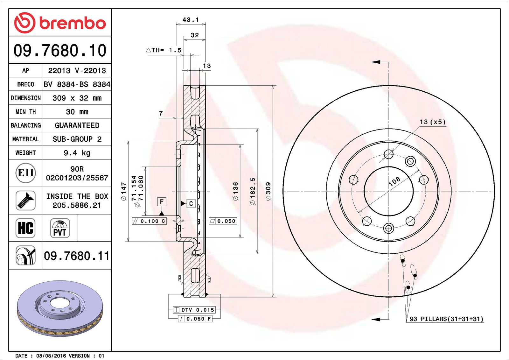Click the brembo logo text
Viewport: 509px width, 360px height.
point(73,23)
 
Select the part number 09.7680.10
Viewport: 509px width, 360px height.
point(60,51)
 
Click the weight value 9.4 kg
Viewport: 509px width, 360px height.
point(77,153)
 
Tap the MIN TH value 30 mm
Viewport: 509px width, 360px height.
point(77,112)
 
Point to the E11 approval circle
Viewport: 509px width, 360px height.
point(25,173)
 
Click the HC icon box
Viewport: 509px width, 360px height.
point(25,228)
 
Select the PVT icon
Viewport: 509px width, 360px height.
point(60,228)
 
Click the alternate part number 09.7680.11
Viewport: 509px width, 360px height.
point(77,256)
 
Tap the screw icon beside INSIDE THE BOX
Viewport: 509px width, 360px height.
point(25,201)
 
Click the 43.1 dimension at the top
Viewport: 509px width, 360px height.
point(191,20)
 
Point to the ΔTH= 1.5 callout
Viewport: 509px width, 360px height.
point(164,50)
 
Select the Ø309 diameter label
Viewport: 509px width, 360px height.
point(268,191)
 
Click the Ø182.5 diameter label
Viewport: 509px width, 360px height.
point(253,191)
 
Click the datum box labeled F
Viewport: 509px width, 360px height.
point(162,201)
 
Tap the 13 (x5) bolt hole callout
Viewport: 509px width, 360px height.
point(433,122)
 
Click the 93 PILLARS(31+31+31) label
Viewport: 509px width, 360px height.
point(446,319)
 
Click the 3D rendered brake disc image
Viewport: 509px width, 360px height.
point(60,308)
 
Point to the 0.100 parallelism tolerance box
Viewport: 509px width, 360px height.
point(149,221)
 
